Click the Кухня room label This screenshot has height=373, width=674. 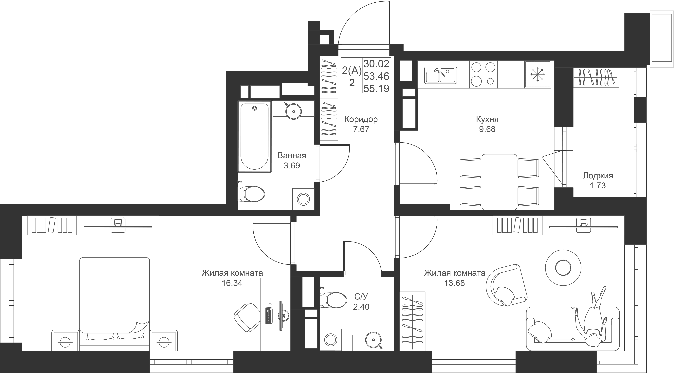click(x=487, y=119)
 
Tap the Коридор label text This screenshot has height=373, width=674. click(x=361, y=119)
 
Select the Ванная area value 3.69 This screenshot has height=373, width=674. click(x=292, y=166)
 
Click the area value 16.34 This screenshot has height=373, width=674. click(x=232, y=283)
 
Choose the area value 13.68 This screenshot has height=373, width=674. click(x=454, y=283)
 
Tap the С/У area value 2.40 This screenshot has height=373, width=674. click(x=361, y=307)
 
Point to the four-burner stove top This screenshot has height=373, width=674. click(x=483, y=74)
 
